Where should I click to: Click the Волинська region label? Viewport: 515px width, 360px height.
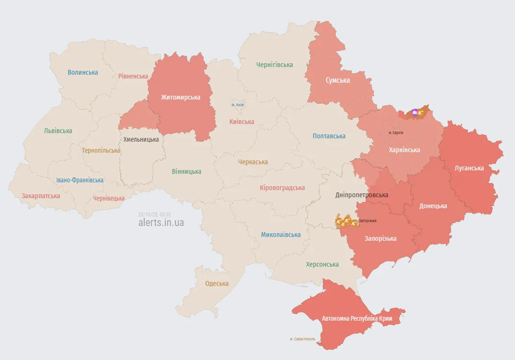point(83,72)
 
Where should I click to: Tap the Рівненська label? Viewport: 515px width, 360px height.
point(133,76)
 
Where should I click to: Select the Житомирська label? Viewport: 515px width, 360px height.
point(181,97)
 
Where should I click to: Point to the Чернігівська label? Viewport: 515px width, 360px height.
point(275,65)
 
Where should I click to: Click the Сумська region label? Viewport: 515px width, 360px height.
point(338,80)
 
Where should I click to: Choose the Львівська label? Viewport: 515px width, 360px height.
point(58,131)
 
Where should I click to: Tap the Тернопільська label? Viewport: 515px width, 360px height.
point(101,150)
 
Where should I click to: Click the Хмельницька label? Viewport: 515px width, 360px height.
point(141,139)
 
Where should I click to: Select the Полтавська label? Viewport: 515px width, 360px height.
point(329,136)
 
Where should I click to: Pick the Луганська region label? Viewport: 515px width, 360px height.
point(469,168)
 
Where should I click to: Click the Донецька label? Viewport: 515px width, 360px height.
point(433,206)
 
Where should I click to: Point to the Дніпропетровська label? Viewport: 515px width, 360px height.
point(362,195)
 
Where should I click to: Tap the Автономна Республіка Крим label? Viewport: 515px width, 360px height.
point(357,318)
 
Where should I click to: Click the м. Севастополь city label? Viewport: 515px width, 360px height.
point(302,339)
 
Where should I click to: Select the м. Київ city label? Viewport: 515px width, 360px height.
point(238,105)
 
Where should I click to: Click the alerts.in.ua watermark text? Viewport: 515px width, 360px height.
point(161,223)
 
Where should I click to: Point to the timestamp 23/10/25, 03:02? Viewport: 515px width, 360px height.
point(154,214)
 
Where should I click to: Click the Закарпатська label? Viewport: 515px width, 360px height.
point(41,196)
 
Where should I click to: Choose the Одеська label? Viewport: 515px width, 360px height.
point(217,283)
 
